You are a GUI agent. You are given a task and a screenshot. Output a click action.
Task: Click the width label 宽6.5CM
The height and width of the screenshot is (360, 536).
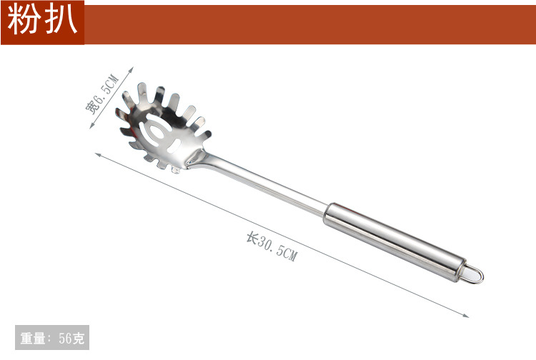(102, 94)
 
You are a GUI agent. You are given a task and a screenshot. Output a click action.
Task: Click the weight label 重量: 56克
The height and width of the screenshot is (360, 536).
(52, 338)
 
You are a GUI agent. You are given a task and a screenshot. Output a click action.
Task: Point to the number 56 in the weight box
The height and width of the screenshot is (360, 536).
(65, 338)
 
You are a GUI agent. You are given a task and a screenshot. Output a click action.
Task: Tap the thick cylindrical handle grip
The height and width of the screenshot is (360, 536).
(394, 242)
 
